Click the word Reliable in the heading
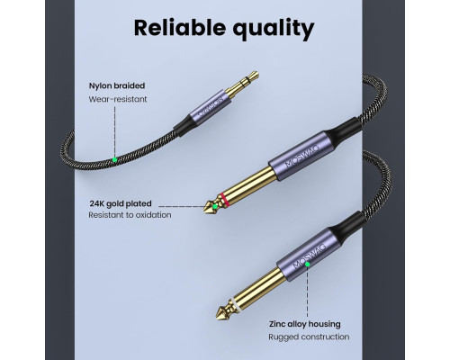(x=179, y=28)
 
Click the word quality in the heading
(x=274, y=30)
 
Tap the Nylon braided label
(x=117, y=85)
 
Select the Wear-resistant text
(x=118, y=99)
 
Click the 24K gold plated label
(x=121, y=203)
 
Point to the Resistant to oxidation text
(x=130, y=215)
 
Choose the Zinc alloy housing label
(x=305, y=324)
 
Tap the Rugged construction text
(x=309, y=337)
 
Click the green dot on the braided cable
(x=114, y=160)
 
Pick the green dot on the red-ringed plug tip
(x=215, y=206)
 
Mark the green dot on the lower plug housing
(x=307, y=265)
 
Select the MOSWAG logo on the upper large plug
(x=302, y=156)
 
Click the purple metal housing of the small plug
(x=211, y=106)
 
